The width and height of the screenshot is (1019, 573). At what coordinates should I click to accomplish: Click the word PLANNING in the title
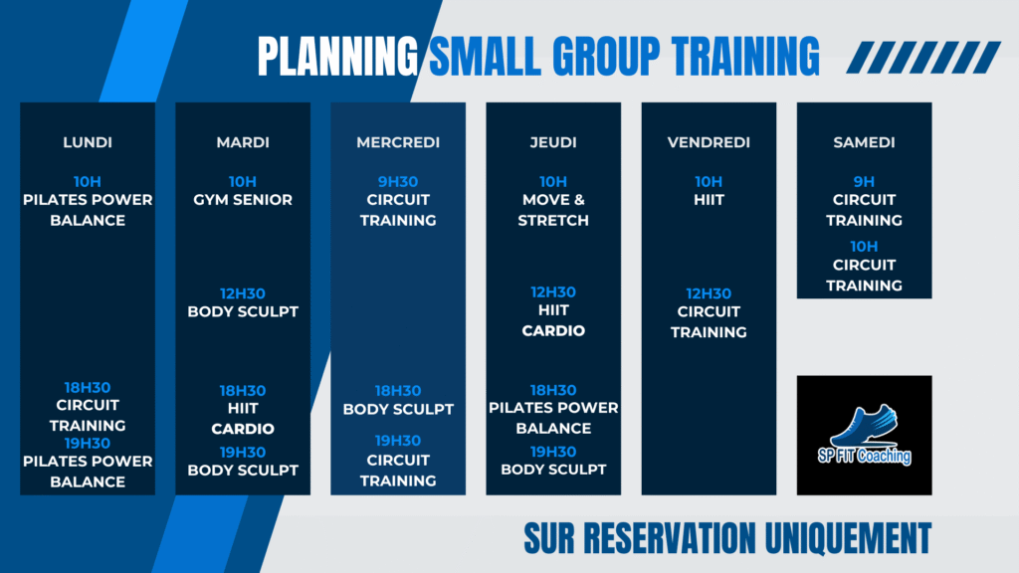pyautogui.click(x=338, y=57)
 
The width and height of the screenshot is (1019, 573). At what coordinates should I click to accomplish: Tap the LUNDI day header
pyautogui.click(x=88, y=142)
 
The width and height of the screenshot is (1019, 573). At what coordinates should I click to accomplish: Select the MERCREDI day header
pyautogui.click(x=398, y=142)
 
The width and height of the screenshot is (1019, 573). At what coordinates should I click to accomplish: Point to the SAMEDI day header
pyautogui.click(x=865, y=142)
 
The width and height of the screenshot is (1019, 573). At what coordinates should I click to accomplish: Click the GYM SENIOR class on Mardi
pyautogui.click(x=243, y=200)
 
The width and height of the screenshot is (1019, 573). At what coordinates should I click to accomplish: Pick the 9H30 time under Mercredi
pyautogui.click(x=398, y=182)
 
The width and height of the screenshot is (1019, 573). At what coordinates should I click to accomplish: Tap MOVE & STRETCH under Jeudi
pyautogui.click(x=553, y=210)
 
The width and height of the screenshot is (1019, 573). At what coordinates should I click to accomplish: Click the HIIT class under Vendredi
pyautogui.click(x=709, y=200)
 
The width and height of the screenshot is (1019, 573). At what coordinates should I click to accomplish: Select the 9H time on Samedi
pyautogui.click(x=864, y=182)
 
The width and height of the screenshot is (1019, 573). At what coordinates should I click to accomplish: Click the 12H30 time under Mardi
pyautogui.click(x=243, y=293)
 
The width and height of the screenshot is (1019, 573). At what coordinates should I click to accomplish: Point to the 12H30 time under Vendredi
pyautogui.click(x=709, y=293)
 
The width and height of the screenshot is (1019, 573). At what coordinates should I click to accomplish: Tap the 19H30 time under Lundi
pyautogui.click(x=88, y=443)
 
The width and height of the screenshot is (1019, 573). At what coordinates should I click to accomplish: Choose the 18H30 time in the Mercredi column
pyautogui.click(x=398, y=391)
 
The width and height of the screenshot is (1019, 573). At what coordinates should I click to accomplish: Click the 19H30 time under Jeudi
pyautogui.click(x=553, y=452)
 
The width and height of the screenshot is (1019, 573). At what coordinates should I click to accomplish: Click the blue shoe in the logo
pyautogui.click(x=865, y=425)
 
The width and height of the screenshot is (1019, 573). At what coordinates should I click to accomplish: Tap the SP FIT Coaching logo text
pyautogui.click(x=865, y=456)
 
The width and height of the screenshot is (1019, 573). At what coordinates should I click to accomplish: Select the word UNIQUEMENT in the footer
pyautogui.click(x=848, y=538)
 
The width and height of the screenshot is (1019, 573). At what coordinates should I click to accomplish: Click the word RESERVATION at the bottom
pyautogui.click(x=670, y=538)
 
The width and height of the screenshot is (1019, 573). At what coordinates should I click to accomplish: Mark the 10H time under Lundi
pyautogui.click(x=88, y=182)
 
